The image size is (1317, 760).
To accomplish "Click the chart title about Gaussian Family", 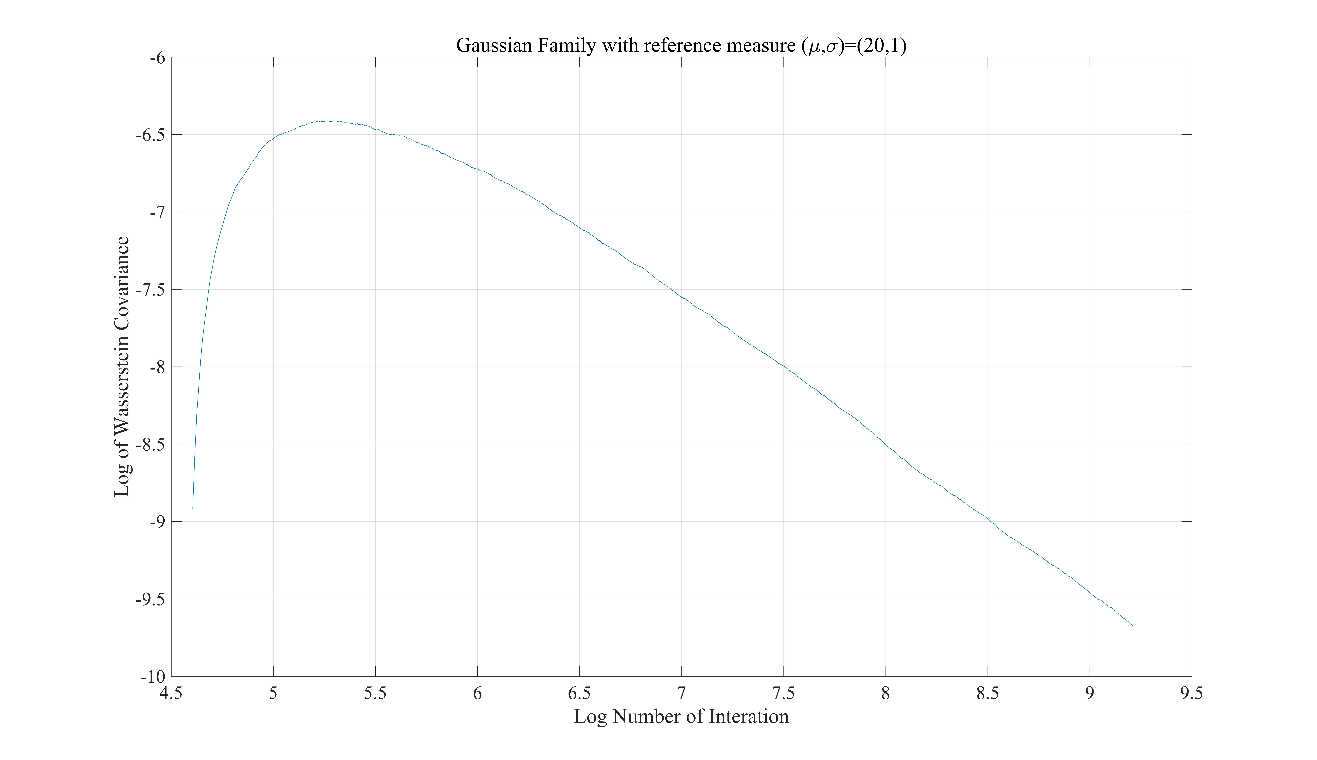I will pyautogui.click(x=681, y=45).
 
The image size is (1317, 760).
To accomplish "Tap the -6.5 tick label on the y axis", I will pyautogui.click(x=150, y=135).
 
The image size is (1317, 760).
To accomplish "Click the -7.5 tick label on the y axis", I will pyautogui.click(x=150, y=290).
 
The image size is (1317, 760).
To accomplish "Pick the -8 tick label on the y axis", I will pyautogui.click(x=157, y=367).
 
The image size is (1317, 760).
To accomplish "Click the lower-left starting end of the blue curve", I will pyautogui.click(x=193, y=508).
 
